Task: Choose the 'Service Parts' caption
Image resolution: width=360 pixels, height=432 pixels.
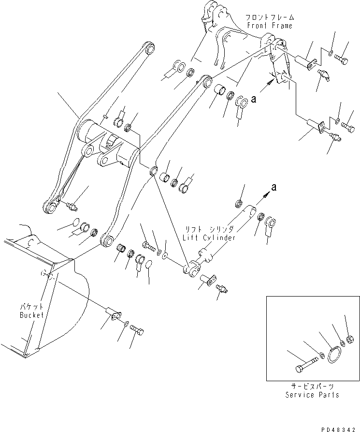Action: click(x=312, y=395)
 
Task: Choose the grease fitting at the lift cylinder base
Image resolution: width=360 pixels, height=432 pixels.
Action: click(x=223, y=289)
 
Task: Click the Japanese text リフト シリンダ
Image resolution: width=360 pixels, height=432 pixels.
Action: click(x=209, y=230)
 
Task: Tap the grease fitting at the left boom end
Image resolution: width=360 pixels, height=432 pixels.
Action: click(x=71, y=208)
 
